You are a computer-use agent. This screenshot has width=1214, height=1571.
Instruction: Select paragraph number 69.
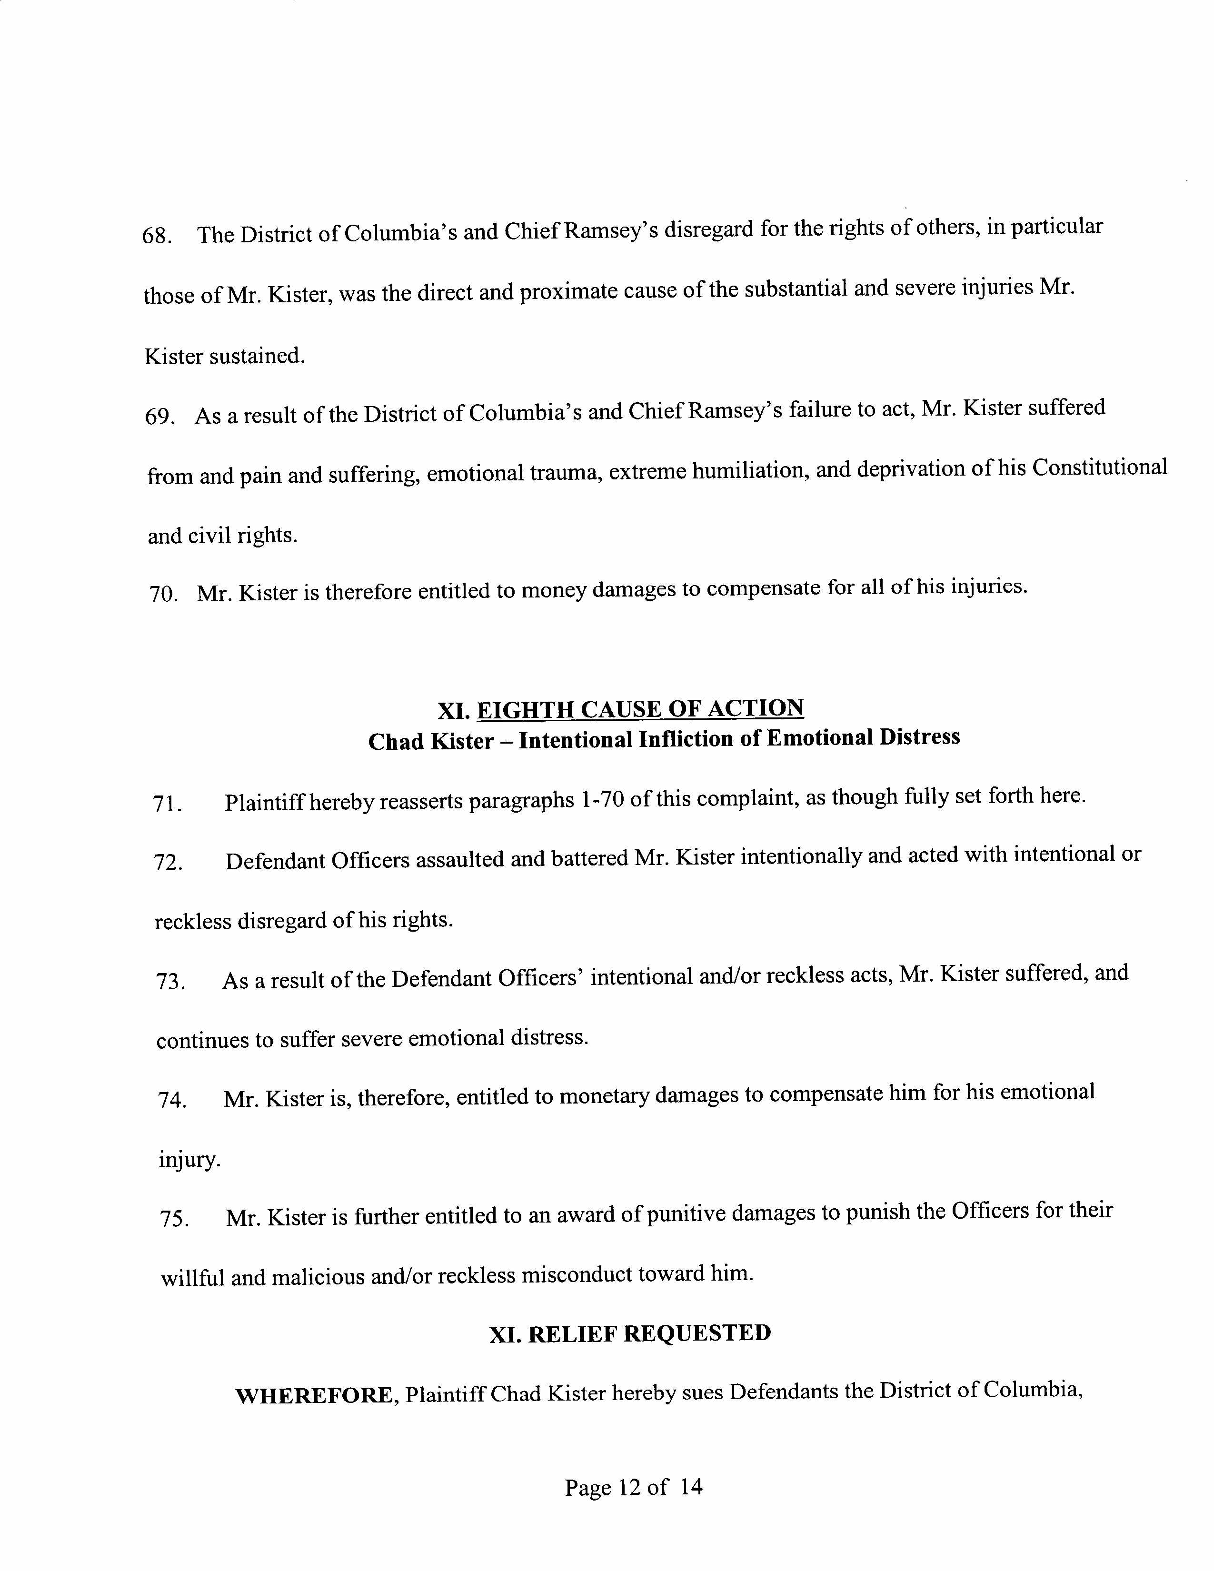click(x=159, y=417)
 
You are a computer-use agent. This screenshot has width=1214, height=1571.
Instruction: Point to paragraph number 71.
click(x=167, y=804)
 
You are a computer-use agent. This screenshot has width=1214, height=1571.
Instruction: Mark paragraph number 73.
click(x=170, y=982)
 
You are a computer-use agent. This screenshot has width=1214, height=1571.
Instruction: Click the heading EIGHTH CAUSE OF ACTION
click(x=639, y=709)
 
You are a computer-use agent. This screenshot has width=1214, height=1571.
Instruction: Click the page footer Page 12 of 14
click(x=633, y=1487)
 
